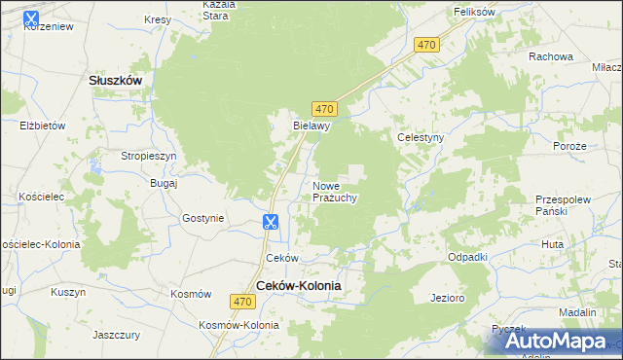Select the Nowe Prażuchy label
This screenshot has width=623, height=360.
(x=335, y=191)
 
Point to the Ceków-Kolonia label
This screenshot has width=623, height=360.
(x=299, y=285)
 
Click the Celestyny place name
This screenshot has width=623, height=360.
(x=421, y=138)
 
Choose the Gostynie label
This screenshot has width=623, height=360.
(x=203, y=218)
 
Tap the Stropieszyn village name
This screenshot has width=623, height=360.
(x=148, y=156)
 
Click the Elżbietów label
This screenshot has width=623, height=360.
(x=42, y=126)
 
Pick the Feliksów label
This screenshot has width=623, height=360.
(x=476, y=12)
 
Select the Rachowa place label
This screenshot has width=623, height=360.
(x=550, y=56)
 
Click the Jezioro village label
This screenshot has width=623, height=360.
(x=446, y=297)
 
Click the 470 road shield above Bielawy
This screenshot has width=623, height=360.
(x=326, y=108)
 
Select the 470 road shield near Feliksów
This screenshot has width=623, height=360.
(x=426, y=45)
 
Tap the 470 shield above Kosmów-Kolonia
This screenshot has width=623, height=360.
(x=244, y=303)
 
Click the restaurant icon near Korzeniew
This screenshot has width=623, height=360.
(x=30, y=18)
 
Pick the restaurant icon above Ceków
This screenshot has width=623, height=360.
(x=271, y=223)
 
